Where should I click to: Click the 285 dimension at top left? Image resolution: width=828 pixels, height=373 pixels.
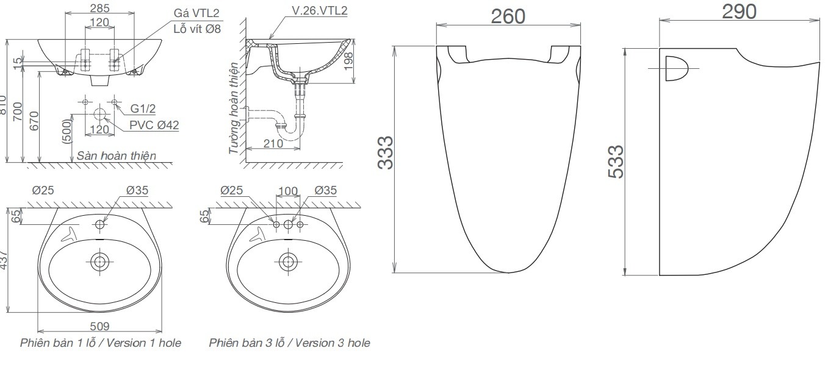pyautogui.click(x=99, y=8)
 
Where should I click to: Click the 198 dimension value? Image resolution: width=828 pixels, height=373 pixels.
pyautogui.click(x=349, y=61)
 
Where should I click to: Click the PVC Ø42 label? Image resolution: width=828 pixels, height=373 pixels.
pyautogui.click(x=154, y=125)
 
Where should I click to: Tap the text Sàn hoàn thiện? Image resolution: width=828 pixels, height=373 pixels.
pyautogui.click(x=116, y=156)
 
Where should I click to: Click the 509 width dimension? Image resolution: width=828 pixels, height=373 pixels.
pyautogui.click(x=99, y=327)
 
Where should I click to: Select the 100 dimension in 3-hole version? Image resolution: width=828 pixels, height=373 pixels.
pyautogui.click(x=287, y=191)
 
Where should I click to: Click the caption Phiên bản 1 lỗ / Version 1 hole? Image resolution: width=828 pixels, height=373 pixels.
pyautogui.click(x=101, y=343)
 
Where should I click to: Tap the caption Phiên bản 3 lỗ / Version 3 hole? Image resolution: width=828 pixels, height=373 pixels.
pyautogui.click(x=289, y=343)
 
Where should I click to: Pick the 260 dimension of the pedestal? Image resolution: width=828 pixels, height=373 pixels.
pyautogui.click(x=508, y=16)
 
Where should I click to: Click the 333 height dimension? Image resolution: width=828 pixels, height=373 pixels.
pyautogui.click(x=385, y=154)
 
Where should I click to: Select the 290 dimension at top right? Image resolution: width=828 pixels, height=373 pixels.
pyautogui.click(x=738, y=11)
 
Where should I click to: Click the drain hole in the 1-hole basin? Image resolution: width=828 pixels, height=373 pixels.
pyautogui.click(x=99, y=261)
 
